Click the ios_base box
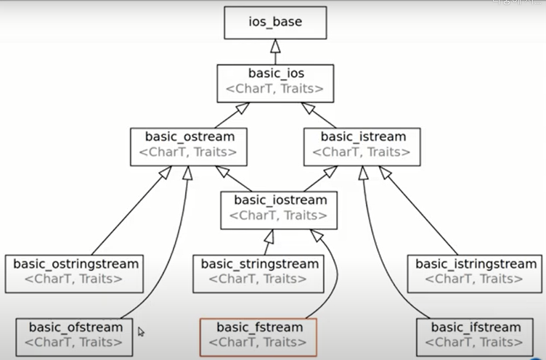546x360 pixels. coord(275,22)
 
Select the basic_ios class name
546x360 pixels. coord(276,73)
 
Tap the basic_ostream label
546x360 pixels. coord(190,137)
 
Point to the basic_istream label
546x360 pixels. coord(363,137)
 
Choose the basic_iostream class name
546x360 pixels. coord(280,200)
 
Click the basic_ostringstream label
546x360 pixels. coord(76,264)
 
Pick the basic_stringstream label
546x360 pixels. coord(260,264)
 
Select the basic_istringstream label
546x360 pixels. coord(476,264)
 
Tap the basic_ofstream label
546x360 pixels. coord(76,327)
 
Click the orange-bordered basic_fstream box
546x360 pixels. coord(258,337)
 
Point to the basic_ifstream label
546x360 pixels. coord(476,327)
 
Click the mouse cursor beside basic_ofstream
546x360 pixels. coord(141,332)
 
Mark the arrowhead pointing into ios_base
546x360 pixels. coord(275,46)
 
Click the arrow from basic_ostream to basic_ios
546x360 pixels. coord(232,115)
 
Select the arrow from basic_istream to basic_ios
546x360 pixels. coord(319,115)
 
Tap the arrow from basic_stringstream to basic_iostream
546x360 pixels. coord(269,242)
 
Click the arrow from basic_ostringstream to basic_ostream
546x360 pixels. coord(131,210)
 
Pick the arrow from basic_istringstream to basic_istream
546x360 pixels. coord(418,210)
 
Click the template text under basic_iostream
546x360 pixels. coord(278,216)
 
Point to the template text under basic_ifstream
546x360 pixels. coord(474,343)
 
